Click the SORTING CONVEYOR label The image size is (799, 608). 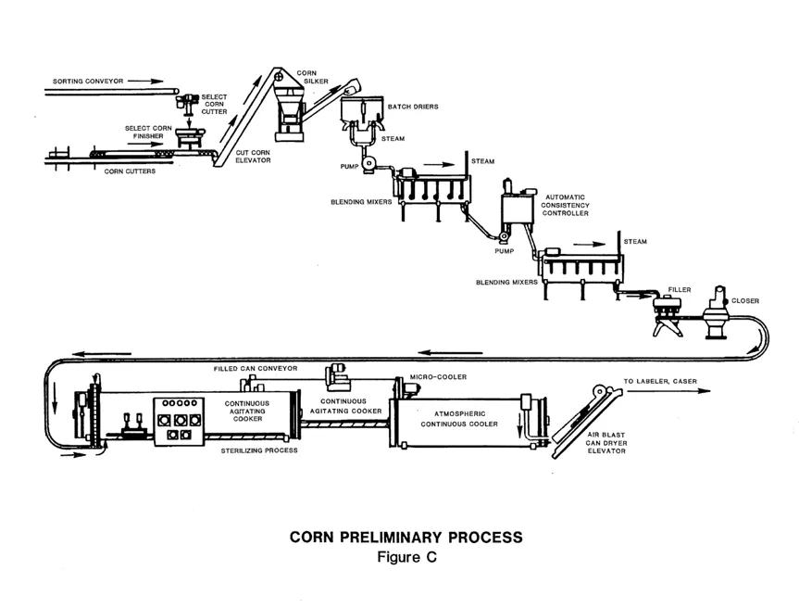point(81,81)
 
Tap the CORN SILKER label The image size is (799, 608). point(306,76)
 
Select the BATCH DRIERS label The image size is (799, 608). point(413,107)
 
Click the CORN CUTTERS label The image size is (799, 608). point(130,171)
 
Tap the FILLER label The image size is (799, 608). point(680,290)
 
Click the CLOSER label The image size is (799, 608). point(745,300)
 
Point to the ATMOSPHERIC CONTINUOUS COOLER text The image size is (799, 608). point(459,418)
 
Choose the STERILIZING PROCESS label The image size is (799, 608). point(258,450)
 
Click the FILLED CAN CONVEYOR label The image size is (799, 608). point(256,368)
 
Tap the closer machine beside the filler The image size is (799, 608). point(715,313)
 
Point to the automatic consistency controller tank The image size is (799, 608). point(518,211)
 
